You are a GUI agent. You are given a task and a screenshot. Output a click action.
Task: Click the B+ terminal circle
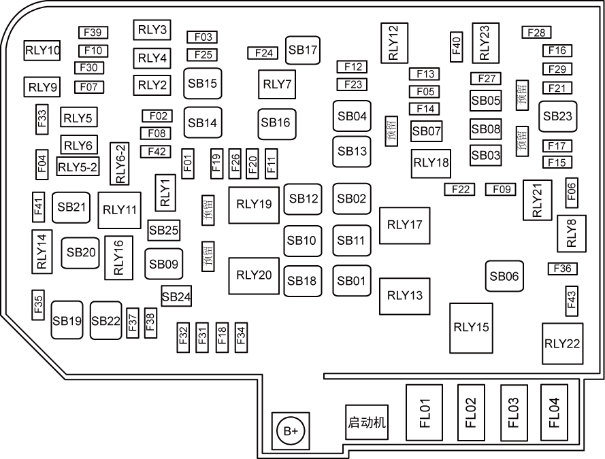tap(291, 431)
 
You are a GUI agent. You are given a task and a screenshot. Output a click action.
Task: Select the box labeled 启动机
tap(367, 423)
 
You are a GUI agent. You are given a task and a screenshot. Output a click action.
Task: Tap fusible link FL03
tap(513, 413)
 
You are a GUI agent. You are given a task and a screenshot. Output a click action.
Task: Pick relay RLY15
tap(471, 327)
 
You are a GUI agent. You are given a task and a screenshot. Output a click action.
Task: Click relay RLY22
tap(562, 342)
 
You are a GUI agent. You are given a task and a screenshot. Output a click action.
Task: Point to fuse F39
tap(93, 33)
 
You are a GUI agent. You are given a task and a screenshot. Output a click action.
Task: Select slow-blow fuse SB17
tap(303, 50)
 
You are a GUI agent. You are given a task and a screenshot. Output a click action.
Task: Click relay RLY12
tap(394, 43)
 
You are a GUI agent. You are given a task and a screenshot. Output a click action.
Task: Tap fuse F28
tap(536, 33)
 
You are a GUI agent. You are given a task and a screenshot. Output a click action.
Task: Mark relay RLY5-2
tap(78, 165)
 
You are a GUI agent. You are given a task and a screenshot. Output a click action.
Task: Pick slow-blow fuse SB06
tap(504, 276)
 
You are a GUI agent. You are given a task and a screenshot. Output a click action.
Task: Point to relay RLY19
tap(254, 204)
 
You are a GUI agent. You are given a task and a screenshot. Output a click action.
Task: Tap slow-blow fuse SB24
tap(176, 296)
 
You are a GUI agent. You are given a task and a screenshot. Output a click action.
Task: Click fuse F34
tap(241, 336)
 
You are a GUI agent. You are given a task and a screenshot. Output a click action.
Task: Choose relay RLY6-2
tap(121, 163)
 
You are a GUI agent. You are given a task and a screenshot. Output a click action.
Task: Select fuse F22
tap(459, 190)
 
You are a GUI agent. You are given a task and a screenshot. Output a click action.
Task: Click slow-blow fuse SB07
tap(427, 131)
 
